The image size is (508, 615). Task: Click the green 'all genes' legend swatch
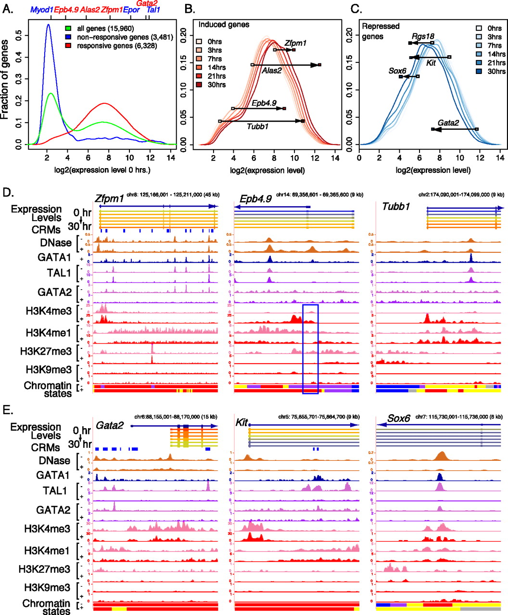point(69,29)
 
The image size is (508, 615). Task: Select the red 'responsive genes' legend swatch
point(69,46)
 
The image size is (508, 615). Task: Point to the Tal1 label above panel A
point(153,10)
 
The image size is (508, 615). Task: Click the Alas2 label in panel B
point(272,71)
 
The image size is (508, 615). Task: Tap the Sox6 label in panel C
point(397,71)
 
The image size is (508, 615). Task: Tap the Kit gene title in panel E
point(241,423)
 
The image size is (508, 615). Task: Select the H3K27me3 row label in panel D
point(46,351)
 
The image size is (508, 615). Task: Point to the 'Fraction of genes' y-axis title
point(6,79)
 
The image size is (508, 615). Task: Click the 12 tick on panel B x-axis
point(315,158)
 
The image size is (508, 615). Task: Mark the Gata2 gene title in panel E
point(110,425)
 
